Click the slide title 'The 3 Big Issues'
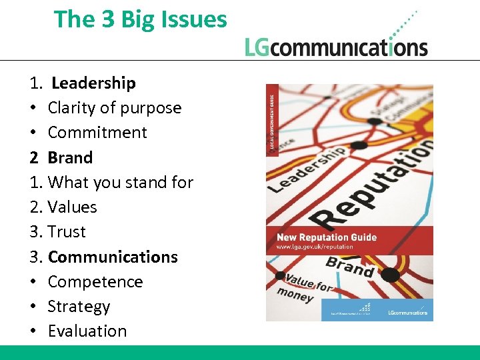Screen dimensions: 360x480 tap(140, 19)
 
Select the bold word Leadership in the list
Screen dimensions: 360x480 tap(93, 83)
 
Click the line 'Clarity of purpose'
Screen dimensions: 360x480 tap(114, 107)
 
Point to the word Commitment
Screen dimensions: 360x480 tap(97, 132)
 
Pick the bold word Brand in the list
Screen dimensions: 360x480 tap(70, 157)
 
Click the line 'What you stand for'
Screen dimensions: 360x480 tap(121, 182)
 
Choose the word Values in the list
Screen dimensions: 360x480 tap(72, 207)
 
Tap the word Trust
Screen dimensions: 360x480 tap(67, 231)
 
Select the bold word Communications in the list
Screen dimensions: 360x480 tap(113, 257)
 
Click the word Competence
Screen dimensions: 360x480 tap(95, 281)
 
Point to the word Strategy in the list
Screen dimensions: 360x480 tap(79, 306)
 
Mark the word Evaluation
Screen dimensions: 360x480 tap(87, 331)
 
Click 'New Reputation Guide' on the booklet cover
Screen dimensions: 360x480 tap(327, 237)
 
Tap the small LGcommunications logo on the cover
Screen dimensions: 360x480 tap(408, 311)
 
